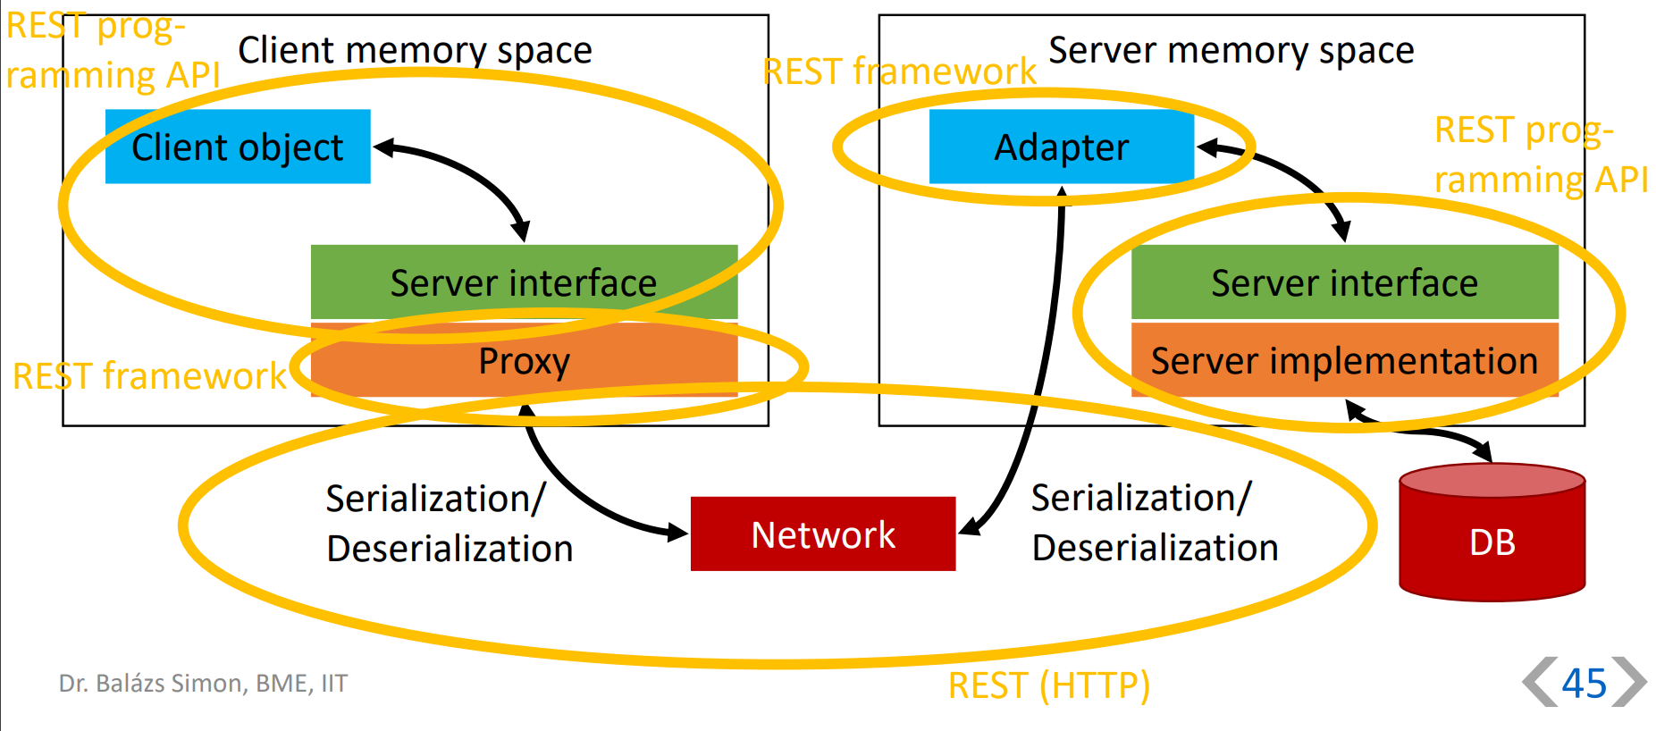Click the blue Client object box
pos(238,147)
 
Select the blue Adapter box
pos(1061,147)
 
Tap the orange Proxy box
pos(524,360)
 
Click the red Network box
pos(823,534)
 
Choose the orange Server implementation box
pos(1344,360)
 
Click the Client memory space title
pos(415,50)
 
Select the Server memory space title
pos(1231,50)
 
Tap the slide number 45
pos(1584,684)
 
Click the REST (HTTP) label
pos(1048,685)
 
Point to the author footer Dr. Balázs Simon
pos(203,684)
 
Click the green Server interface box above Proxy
pos(524,282)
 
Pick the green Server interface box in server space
pos(1344,282)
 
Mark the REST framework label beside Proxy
pos(149,376)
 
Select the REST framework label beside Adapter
pos(899,71)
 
